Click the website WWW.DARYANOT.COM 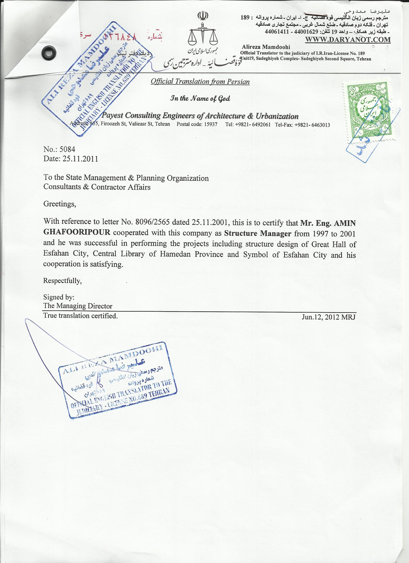(x=347, y=39)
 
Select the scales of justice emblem (x=203, y=34)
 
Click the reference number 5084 (x=67, y=149)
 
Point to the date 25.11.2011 (x=80, y=159)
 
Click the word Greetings (x=60, y=204)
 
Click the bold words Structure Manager (x=257, y=233)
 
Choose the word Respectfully (x=62, y=281)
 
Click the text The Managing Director (x=78, y=306)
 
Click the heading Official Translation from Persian (x=200, y=82)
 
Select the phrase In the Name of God (x=200, y=98)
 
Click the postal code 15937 (x=210, y=124)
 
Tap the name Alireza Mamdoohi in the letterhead (x=266, y=47)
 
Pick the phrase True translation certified (x=80, y=316)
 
